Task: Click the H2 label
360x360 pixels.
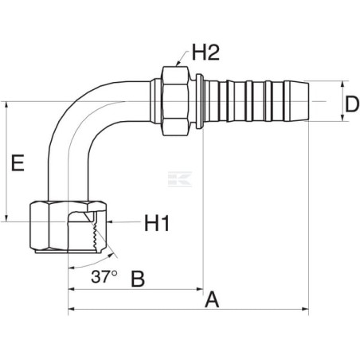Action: [x=205, y=53]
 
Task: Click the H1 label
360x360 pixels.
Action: [x=157, y=223]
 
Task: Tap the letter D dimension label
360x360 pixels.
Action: [x=352, y=104]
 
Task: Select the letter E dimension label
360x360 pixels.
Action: [x=18, y=162]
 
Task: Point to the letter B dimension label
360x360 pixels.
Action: [x=138, y=279]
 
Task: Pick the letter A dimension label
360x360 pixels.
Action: [x=212, y=299]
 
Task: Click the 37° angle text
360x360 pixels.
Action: [x=104, y=276]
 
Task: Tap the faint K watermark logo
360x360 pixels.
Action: [x=180, y=179]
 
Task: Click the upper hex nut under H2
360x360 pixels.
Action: [x=176, y=101]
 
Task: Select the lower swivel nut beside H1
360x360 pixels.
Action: [x=68, y=227]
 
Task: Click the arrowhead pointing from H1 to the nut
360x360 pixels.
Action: [x=110, y=221]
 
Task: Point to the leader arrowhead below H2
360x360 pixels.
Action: [x=178, y=63]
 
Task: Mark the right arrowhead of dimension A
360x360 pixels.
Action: [x=305, y=309]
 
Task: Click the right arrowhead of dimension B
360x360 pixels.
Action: [x=200, y=289]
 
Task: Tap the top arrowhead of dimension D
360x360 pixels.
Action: [x=342, y=84]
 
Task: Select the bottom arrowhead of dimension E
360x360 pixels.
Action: [x=6, y=217]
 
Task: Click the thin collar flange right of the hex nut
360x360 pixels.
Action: [x=200, y=101]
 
